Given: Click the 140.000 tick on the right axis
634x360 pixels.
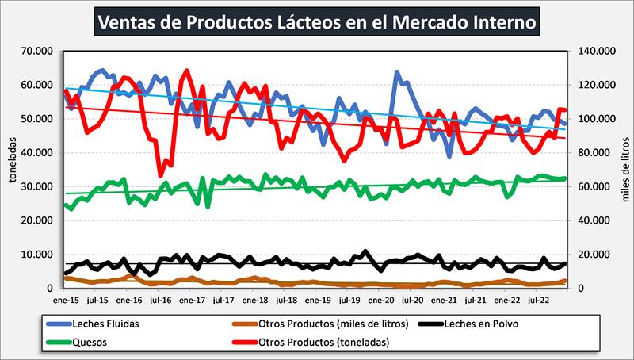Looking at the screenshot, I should (596, 51).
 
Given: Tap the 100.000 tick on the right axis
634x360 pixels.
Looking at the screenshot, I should (596, 119).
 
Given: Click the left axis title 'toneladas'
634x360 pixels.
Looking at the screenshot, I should (13, 169).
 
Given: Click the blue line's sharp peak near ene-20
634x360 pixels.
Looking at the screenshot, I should (396, 72).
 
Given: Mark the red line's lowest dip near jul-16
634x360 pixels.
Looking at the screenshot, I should (161, 175).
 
